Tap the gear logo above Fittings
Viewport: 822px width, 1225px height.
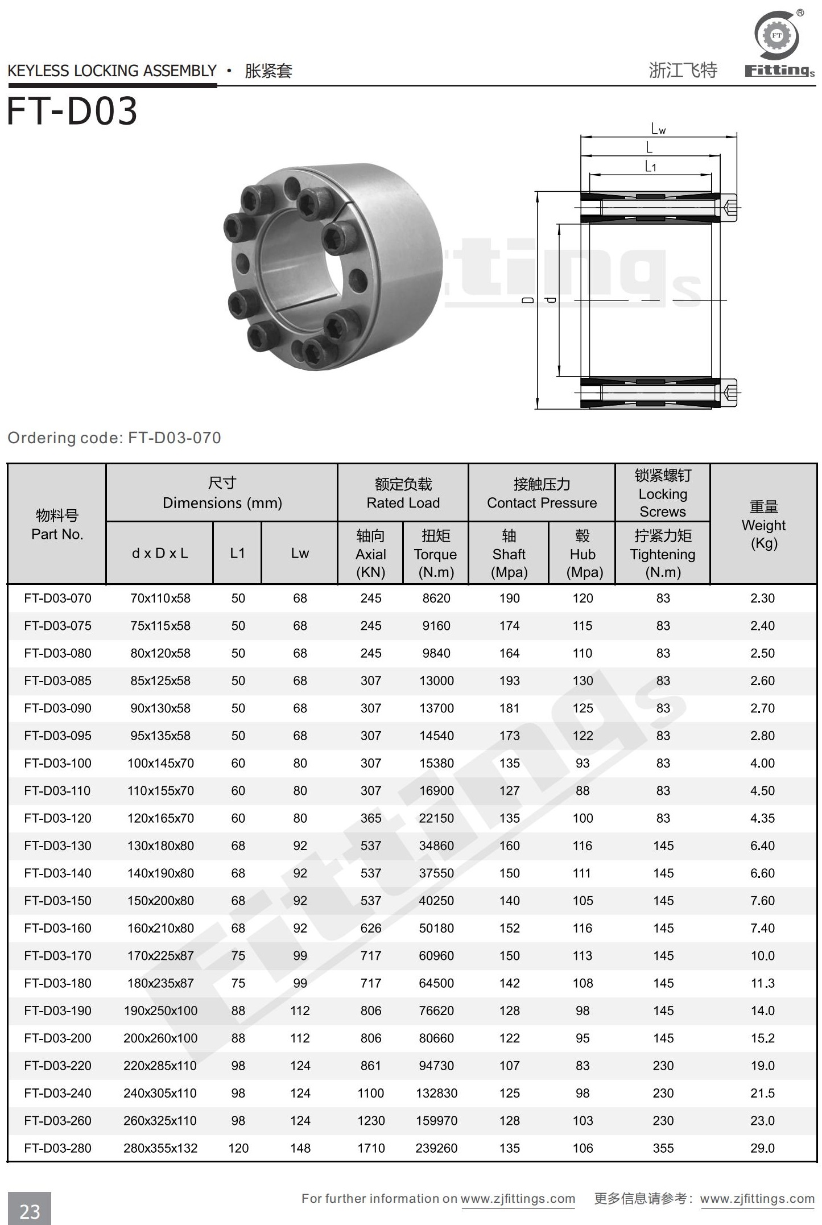777,36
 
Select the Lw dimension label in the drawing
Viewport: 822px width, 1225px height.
658,130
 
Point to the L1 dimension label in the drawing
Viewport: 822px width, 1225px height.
651,166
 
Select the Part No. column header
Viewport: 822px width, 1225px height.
57,525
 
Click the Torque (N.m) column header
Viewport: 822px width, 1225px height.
435,554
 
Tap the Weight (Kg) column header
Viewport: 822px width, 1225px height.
763,525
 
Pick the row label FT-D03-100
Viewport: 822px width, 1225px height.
57,763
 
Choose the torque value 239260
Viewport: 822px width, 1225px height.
436,1148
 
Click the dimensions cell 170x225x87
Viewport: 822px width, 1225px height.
160,955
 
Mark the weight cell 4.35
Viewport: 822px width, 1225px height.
762,818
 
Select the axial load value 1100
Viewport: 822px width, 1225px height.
371,1093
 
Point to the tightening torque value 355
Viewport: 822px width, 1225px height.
663,1148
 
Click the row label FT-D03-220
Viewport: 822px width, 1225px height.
57,1066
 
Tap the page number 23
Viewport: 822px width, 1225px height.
30,1211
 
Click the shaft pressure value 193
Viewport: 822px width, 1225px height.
509,680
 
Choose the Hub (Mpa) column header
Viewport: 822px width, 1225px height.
583,554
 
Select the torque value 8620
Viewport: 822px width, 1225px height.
436,598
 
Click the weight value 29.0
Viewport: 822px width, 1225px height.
762,1148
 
